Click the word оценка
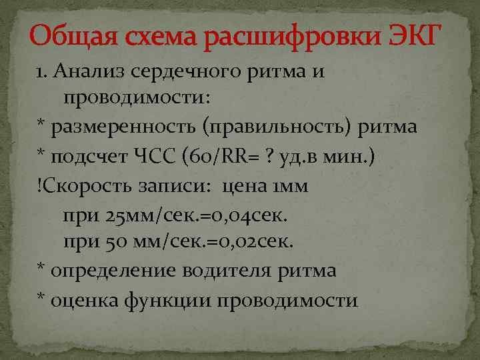(x=80, y=300)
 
